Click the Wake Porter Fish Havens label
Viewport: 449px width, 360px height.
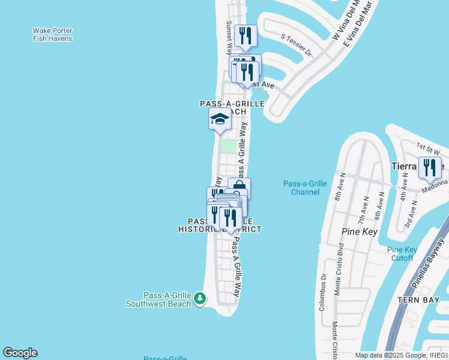52,35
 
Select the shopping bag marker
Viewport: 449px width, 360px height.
239,188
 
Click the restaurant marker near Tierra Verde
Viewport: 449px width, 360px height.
429,167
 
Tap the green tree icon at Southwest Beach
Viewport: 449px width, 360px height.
200,298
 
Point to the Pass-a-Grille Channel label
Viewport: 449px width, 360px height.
305,188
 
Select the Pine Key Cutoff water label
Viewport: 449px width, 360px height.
402,254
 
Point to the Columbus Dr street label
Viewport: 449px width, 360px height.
322,292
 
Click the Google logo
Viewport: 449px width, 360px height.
20,353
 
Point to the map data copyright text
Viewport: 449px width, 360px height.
402,355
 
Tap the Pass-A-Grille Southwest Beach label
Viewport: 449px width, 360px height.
158,299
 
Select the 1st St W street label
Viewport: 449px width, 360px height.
429,146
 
